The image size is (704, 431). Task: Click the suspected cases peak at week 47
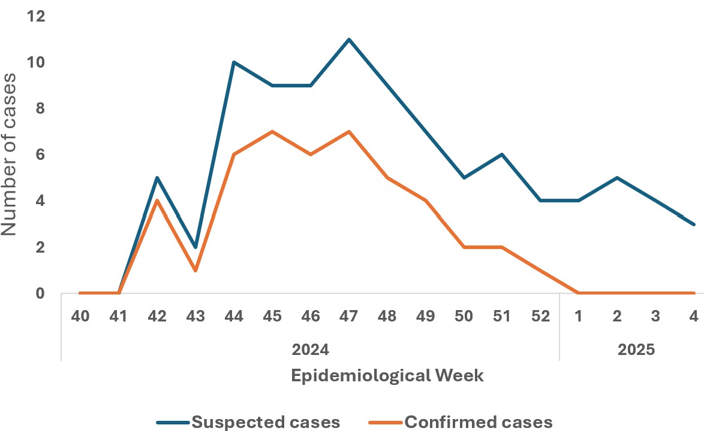[x=348, y=40]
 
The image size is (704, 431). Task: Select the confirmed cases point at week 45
[x=272, y=132]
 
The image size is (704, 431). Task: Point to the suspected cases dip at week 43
[x=195, y=247]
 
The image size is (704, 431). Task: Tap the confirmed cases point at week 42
[x=157, y=201]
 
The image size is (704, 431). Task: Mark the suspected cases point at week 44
[x=234, y=62]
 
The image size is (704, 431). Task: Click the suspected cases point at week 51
[x=502, y=154]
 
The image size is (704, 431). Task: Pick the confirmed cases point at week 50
[x=464, y=247]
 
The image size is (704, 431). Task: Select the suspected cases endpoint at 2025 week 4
[x=694, y=224]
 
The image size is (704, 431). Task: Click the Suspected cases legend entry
[x=248, y=422]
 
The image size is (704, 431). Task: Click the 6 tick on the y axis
[x=41, y=154]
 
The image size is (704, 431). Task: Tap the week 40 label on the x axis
[x=80, y=318]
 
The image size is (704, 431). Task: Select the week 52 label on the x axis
[x=540, y=318]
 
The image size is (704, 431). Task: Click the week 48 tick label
[x=387, y=318]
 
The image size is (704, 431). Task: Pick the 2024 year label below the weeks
[x=310, y=349]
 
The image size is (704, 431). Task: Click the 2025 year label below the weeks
[x=636, y=349]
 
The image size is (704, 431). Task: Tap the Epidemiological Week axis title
[x=387, y=376]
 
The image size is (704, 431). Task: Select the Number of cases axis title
[x=10, y=154]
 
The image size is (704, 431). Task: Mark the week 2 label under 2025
[x=617, y=318]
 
